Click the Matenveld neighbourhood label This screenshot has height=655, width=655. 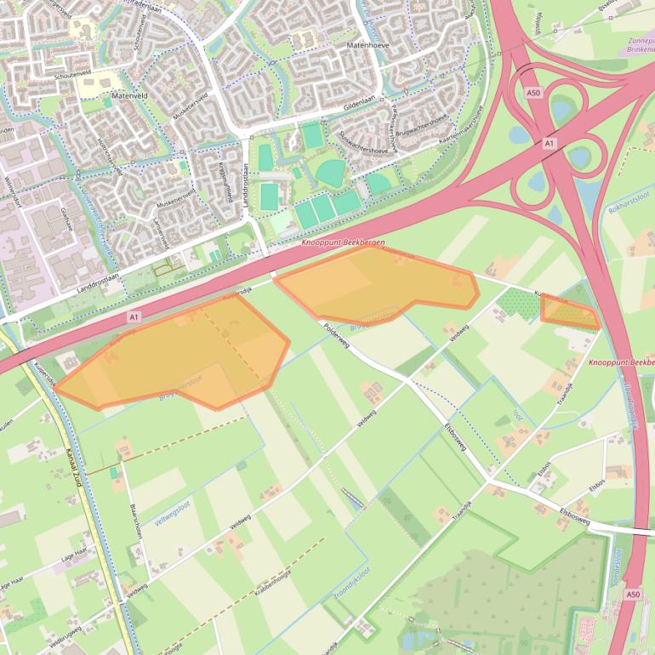tap(129, 96)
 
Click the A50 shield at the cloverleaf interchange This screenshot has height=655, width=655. tap(533, 93)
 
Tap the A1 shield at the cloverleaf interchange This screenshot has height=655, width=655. tap(549, 145)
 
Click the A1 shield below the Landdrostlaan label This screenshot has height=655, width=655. tap(134, 316)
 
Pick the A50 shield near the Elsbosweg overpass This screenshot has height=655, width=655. tap(632, 594)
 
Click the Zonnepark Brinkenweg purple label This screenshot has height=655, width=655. tap(640, 45)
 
